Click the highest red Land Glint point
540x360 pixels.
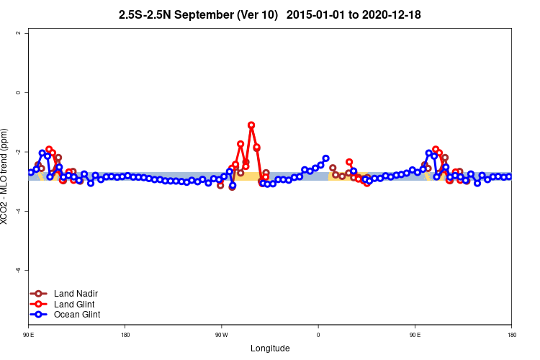tap(251, 125)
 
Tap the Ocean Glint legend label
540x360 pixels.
tap(75, 315)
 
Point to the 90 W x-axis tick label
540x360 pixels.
tap(221, 335)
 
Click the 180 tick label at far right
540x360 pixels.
tap(511, 335)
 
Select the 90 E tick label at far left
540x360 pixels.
tap(29, 335)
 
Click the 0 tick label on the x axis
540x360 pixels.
tap(318, 335)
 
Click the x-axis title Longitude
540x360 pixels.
tap(270, 348)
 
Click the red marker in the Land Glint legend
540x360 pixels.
tap(39, 305)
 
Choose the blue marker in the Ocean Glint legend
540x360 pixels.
tap(39, 315)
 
